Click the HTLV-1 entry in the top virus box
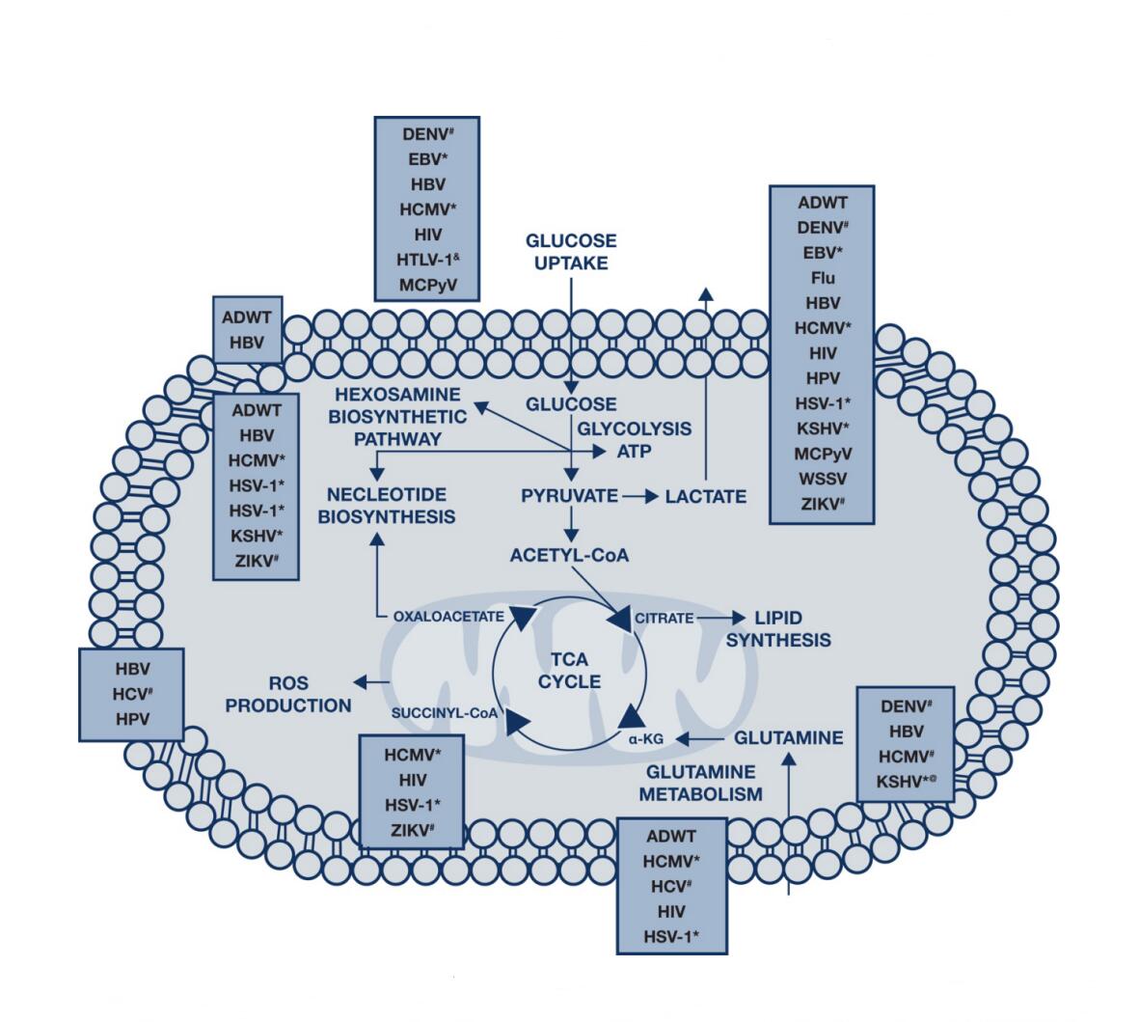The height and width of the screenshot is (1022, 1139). tap(426, 260)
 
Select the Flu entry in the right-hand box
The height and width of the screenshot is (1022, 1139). tap(823, 279)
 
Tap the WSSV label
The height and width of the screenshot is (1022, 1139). tap(822, 478)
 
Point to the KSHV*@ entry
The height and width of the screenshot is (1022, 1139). tap(904, 781)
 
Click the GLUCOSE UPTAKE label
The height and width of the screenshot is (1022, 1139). tap(571, 251)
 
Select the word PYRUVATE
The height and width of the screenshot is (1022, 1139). tap(570, 496)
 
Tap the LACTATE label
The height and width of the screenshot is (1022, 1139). tap(706, 497)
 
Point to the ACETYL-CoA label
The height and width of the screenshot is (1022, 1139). tap(569, 555)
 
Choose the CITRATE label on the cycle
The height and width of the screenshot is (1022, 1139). tap(664, 618)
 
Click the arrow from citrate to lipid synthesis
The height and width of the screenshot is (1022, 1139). tap(722, 618)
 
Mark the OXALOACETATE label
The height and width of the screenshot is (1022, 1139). tap(448, 616)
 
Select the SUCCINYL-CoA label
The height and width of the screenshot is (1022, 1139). tap(445, 713)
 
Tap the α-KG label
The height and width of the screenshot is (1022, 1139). tap(642, 738)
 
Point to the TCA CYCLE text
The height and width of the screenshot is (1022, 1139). tap(569, 671)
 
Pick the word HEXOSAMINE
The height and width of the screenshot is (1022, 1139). tap(398, 396)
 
